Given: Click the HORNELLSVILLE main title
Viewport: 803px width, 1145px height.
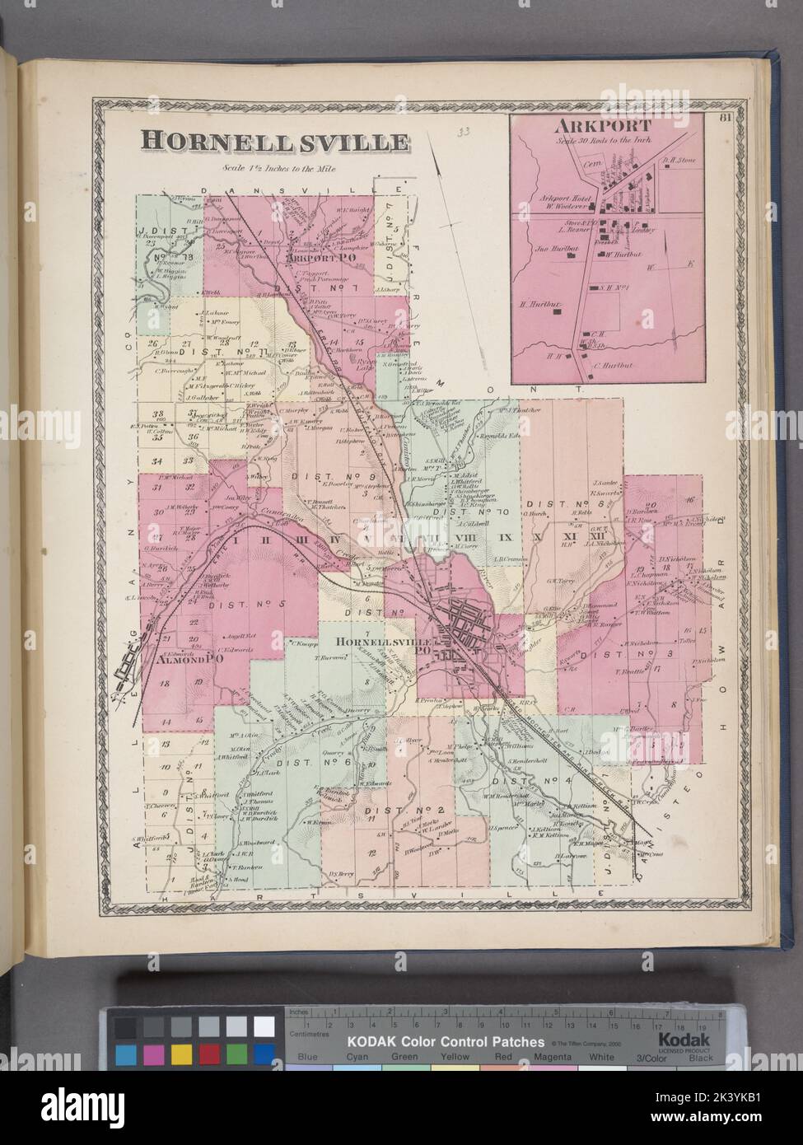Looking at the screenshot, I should pos(274,141).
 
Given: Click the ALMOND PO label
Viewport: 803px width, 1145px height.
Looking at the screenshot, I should pos(178,660).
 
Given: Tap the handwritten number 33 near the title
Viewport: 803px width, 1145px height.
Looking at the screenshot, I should pos(466,130).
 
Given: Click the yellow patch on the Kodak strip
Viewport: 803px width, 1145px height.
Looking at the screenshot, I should pos(183,1054).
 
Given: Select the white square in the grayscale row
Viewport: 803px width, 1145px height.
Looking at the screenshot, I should pos(264,1026).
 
